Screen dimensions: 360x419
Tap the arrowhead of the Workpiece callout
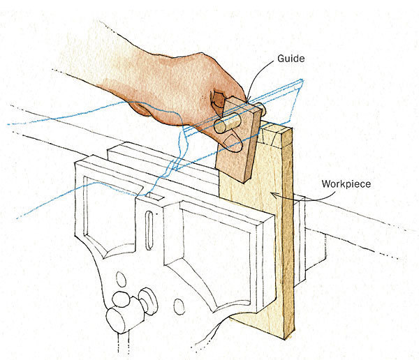click(274, 196)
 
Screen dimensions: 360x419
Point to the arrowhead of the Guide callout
click(246, 100)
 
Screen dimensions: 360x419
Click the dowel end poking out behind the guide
click(260, 110)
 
